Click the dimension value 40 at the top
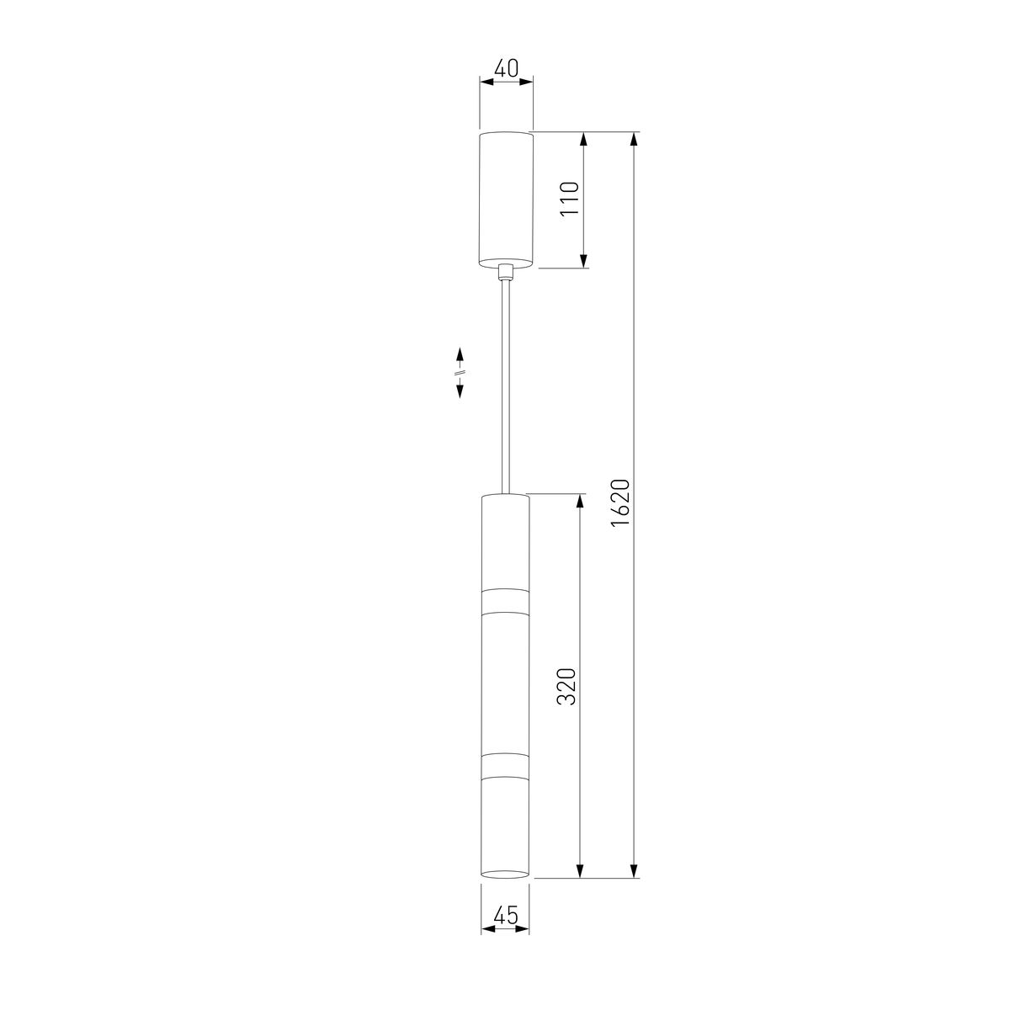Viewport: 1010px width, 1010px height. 507,68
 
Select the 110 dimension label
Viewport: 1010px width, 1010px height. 569,199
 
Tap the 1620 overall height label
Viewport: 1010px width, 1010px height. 620,503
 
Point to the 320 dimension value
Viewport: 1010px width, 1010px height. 566,687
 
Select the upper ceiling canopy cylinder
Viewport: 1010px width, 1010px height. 506,199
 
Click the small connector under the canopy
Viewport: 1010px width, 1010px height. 505,273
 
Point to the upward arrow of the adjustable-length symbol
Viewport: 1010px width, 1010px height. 460,356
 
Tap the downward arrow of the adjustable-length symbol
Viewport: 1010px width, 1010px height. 460,388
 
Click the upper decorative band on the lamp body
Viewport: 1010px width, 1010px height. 505,601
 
